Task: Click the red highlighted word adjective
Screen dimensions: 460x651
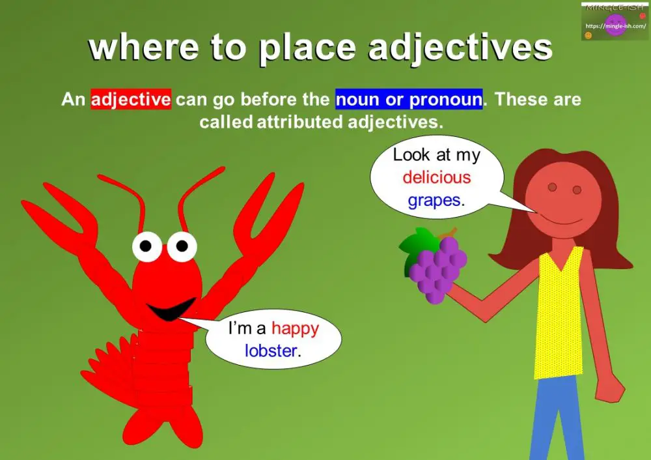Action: (131, 100)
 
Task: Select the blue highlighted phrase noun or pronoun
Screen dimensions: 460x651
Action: (409, 100)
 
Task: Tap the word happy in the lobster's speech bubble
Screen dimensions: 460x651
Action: (296, 328)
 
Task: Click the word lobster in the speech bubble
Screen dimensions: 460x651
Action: (271, 351)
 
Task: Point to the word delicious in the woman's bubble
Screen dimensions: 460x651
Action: (436, 177)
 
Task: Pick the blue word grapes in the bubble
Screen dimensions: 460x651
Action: (434, 199)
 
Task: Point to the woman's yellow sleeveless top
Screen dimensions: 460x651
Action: (557, 313)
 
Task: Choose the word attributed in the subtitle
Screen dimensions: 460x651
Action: (297, 121)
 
